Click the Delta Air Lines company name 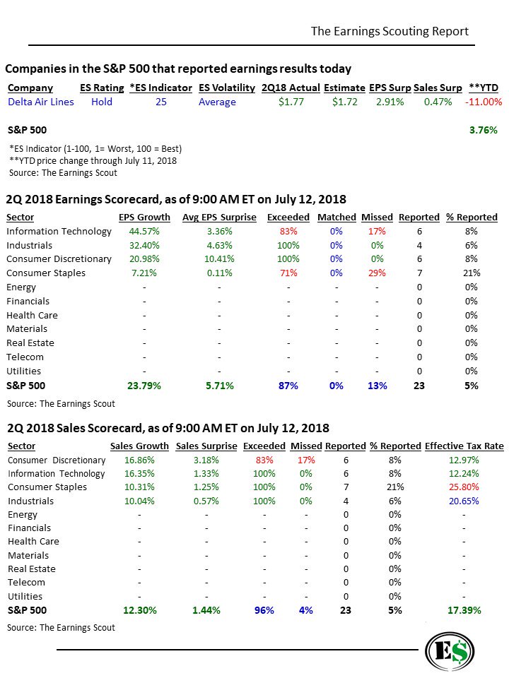(x=41, y=102)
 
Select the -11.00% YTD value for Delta (x=484, y=102)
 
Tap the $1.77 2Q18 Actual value (x=291, y=102)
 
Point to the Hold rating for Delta (x=102, y=102)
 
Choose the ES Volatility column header (x=227, y=88)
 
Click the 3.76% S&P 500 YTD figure (x=484, y=130)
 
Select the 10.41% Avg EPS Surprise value (x=218, y=258)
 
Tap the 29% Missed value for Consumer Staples (x=377, y=273)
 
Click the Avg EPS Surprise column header (x=218, y=217)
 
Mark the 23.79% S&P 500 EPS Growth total (x=144, y=386)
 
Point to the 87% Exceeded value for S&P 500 (x=288, y=386)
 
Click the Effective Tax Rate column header (x=464, y=446)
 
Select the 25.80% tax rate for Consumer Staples (x=464, y=487)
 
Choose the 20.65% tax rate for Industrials (x=464, y=501)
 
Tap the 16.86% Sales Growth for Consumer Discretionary (x=139, y=460)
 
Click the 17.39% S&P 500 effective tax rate (x=464, y=610)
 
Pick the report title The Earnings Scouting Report (x=390, y=31)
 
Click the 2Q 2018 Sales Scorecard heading (x=168, y=428)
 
